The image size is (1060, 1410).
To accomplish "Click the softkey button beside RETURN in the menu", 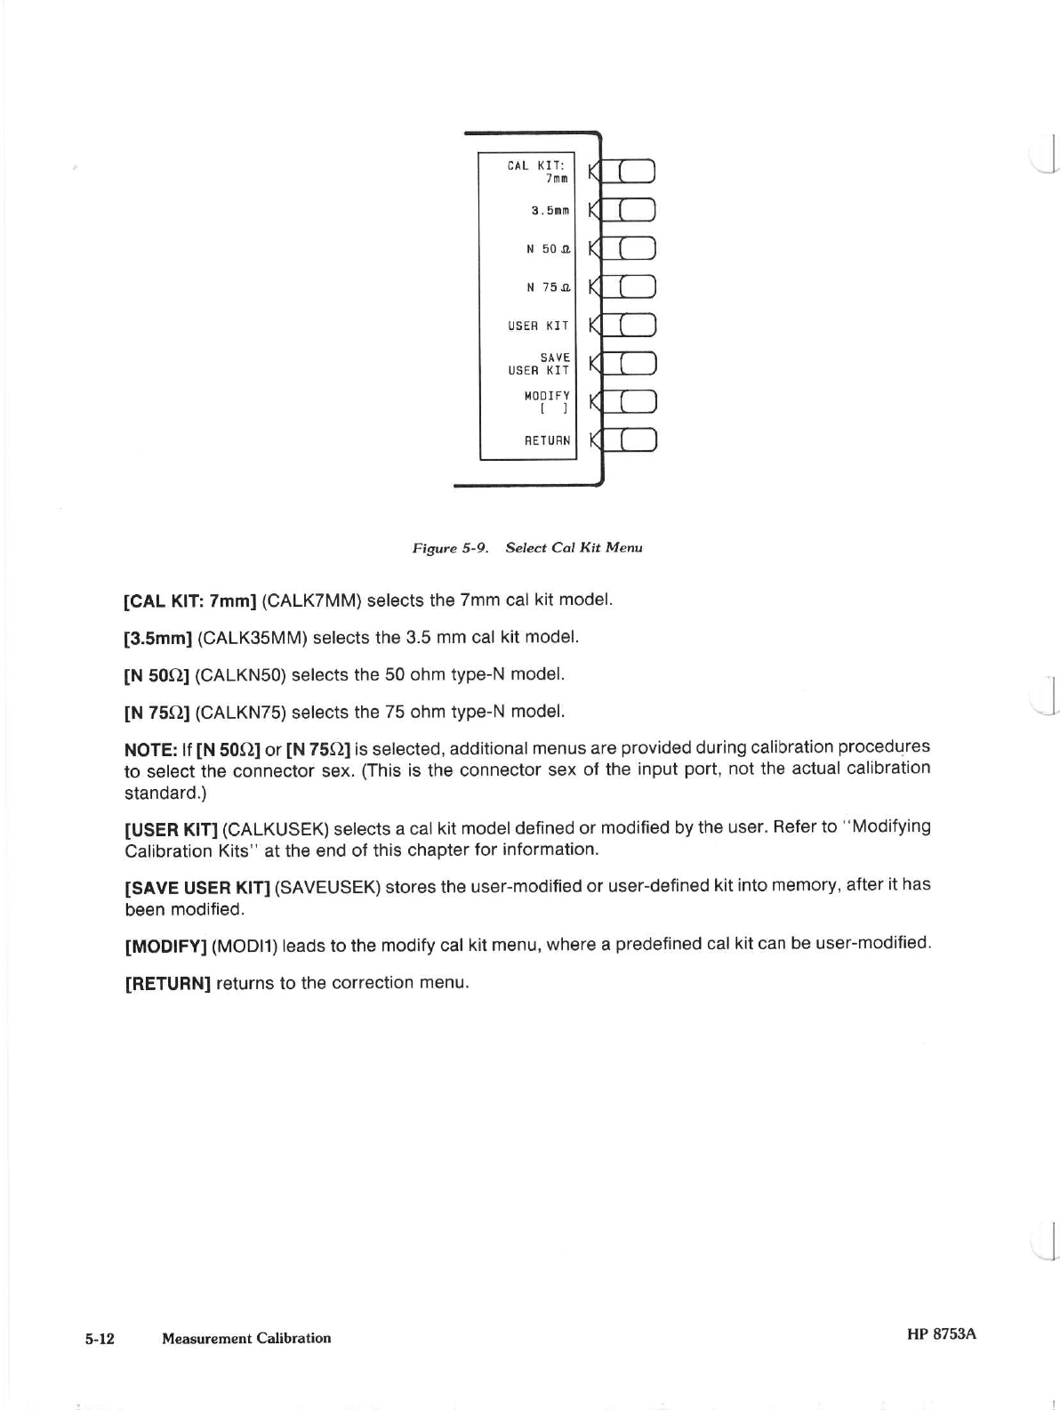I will pos(637,440).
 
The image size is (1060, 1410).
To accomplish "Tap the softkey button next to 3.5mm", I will pos(637,210).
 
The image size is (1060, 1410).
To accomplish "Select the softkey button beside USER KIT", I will pos(637,325).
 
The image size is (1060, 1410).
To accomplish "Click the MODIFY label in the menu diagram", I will pos(547,396).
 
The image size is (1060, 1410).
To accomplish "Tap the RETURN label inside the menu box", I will pos(547,440).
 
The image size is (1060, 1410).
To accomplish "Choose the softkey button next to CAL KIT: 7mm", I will pos(637,171).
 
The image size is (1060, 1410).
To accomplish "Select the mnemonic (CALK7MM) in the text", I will pos(311,600).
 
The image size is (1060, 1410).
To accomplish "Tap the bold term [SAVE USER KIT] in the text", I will pos(197,887).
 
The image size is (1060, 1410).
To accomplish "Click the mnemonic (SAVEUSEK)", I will pos(328,887).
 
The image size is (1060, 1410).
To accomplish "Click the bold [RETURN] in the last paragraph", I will pos(167,984).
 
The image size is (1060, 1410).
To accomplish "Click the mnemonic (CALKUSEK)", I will pos(276,829).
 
